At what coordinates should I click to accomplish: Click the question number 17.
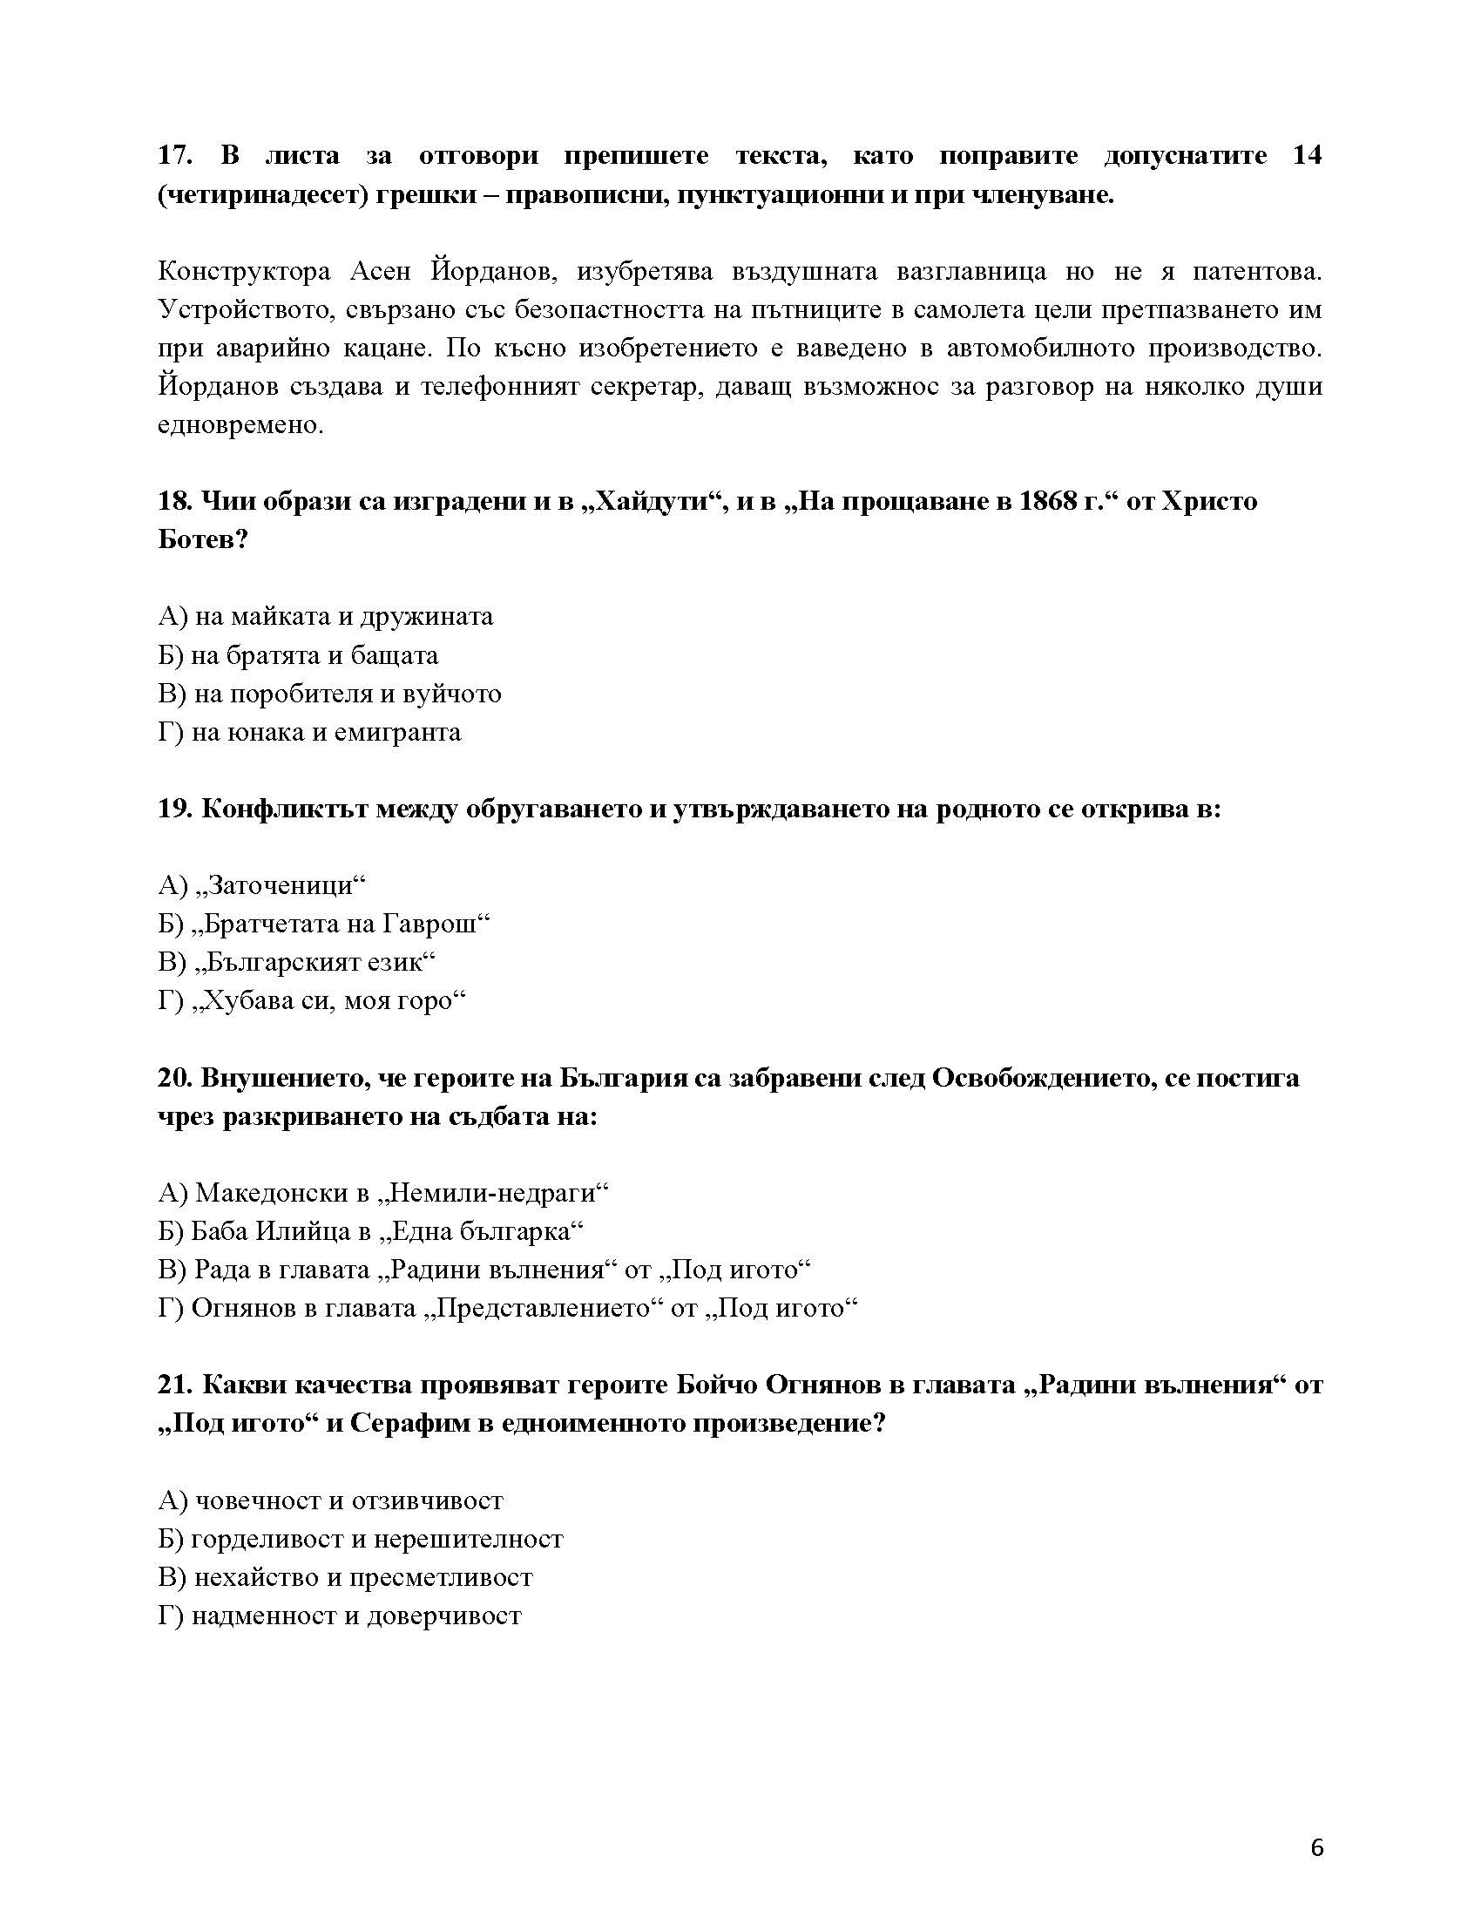[x=174, y=156]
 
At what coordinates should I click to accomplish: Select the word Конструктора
[x=244, y=271]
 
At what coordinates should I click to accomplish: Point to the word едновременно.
[x=240, y=426]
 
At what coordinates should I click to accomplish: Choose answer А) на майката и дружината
[x=326, y=616]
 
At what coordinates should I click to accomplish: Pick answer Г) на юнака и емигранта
[x=309, y=732]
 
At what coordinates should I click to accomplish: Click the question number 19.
[x=174, y=809]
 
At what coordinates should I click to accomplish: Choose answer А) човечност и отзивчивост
[x=331, y=1500]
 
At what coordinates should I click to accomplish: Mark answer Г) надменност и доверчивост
[x=340, y=1616]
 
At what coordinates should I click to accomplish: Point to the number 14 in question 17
[x=1307, y=156]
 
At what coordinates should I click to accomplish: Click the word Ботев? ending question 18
[x=203, y=540]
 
